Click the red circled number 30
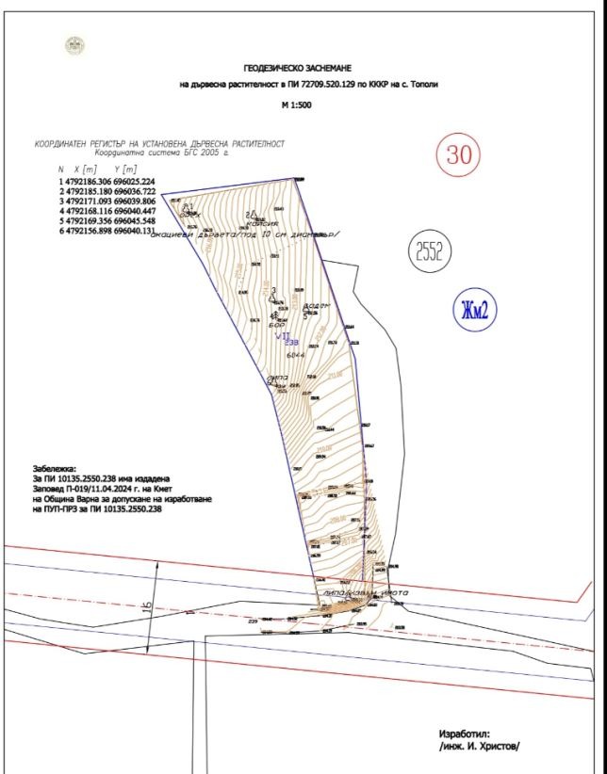pos(458,154)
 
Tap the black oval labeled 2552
pos(430,250)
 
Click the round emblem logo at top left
pos(72,43)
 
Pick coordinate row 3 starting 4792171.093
pos(107,201)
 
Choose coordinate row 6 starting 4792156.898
pos(107,232)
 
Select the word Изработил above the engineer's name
pos(465,733)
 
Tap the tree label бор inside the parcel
pos(276,325)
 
